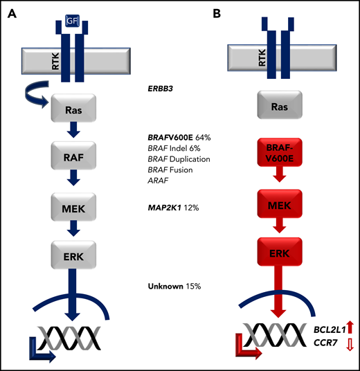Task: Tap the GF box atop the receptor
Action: click(x=72, y=22)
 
